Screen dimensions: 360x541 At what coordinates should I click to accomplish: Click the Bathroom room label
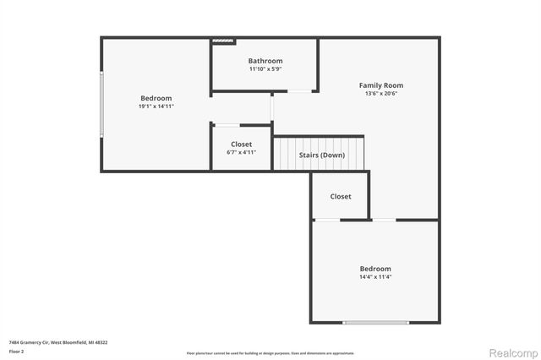265,61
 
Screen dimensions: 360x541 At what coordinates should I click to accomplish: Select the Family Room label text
380,85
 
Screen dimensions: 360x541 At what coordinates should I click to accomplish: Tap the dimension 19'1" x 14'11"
156,106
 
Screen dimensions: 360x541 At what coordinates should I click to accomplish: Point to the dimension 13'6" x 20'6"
380,94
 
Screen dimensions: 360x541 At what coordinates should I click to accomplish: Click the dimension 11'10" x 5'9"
265,69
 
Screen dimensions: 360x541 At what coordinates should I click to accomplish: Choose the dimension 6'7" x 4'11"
240,153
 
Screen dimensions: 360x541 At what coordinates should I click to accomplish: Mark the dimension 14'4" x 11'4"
374,276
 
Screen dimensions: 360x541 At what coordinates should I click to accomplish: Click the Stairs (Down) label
321,155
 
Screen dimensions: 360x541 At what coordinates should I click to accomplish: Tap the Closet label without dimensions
341,196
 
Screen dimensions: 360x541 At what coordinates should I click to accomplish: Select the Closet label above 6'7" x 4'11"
240,145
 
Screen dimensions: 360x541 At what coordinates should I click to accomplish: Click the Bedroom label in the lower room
374,268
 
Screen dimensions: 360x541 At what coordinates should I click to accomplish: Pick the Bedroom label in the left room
156,98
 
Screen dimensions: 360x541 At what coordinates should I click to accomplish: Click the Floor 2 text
17,351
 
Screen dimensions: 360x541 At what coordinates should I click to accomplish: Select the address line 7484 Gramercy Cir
57,342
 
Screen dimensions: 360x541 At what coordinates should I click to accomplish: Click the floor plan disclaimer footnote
270,352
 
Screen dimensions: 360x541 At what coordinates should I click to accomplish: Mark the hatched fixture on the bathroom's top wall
222,40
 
